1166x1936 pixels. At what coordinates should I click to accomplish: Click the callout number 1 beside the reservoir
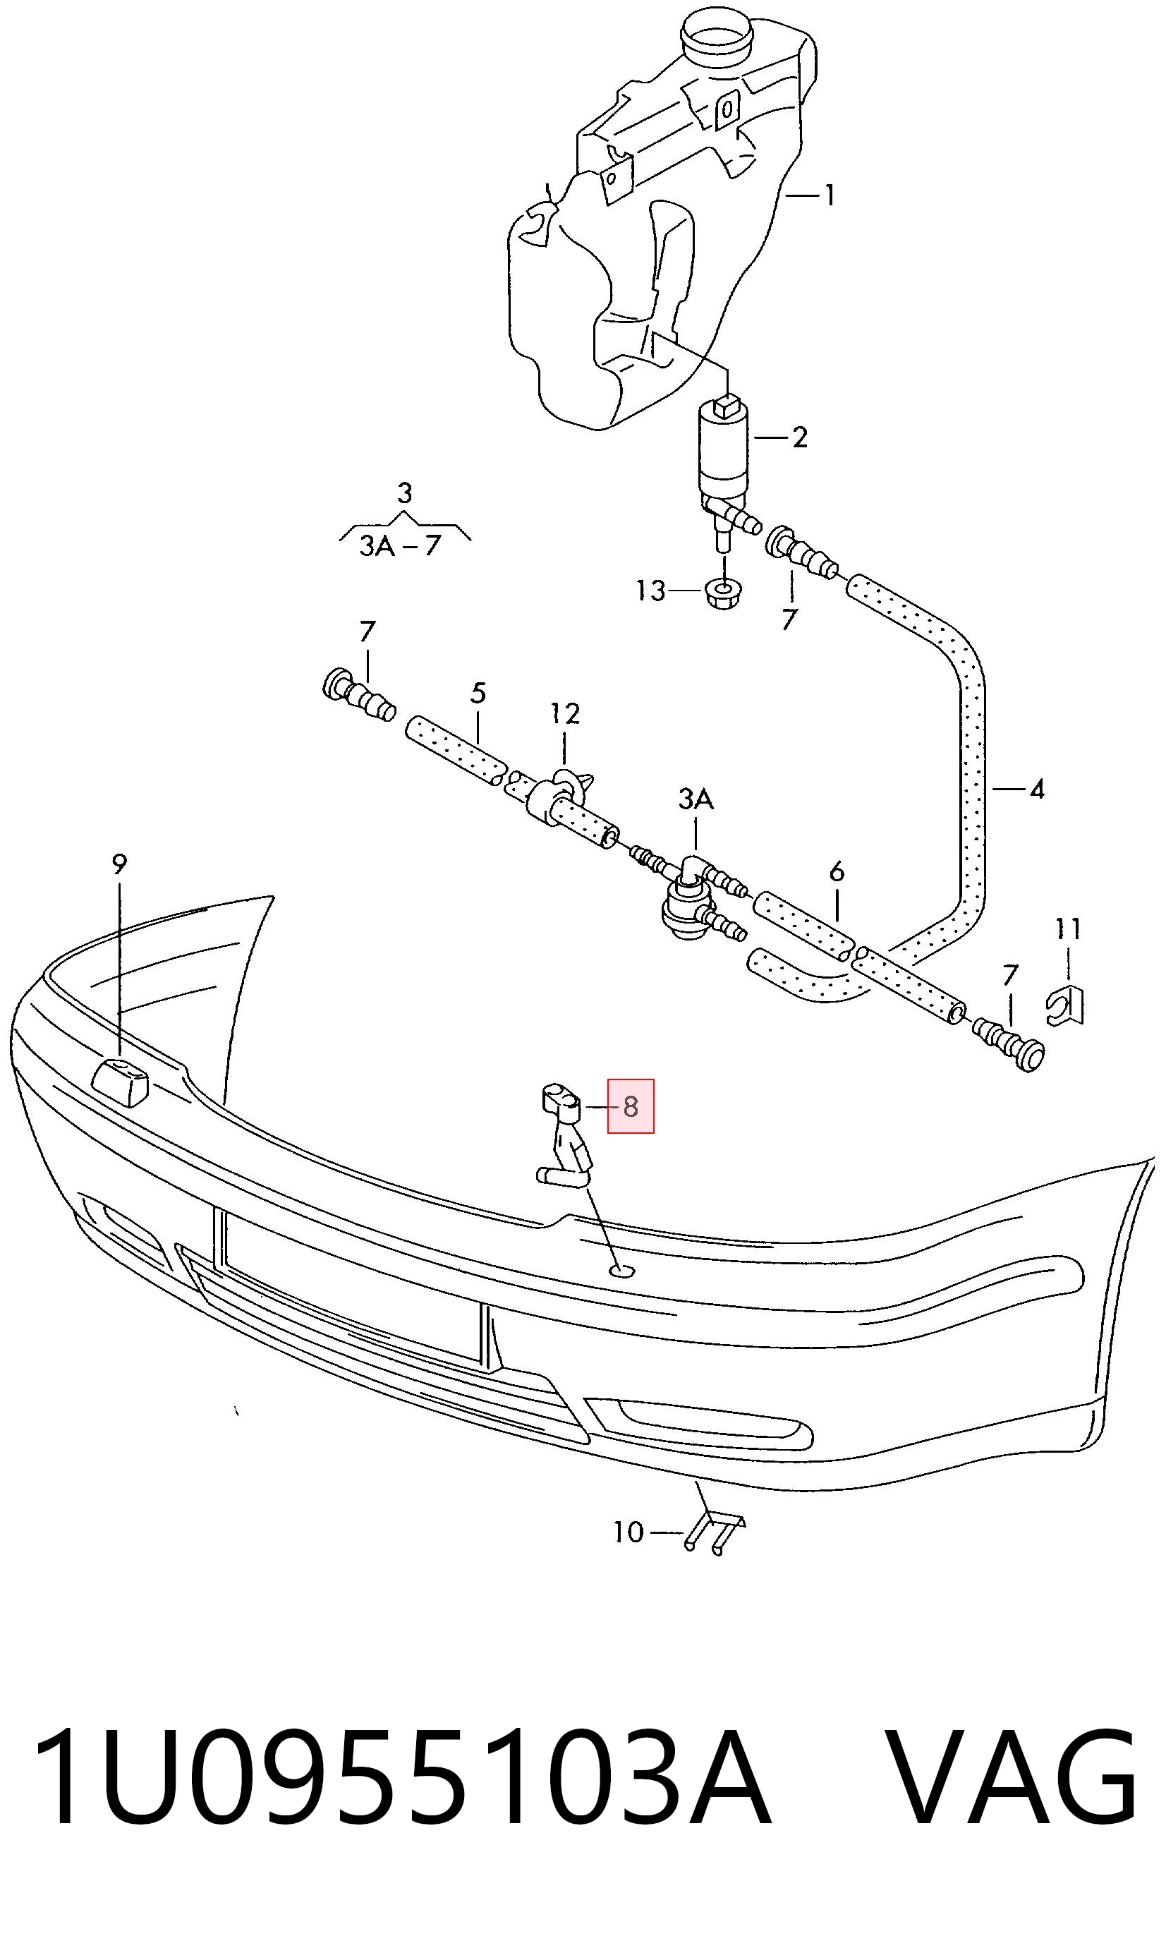[828, 195]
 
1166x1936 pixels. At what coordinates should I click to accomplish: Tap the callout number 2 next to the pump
[800, 437]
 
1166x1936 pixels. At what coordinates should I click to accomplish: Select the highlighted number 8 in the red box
[630, 1107]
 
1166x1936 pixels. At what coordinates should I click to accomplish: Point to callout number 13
[650, 590]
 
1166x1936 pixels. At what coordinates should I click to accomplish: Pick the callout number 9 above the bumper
[119, 864]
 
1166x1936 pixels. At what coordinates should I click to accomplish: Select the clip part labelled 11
[1067, 1008]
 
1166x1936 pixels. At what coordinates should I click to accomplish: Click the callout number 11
[1068, 929]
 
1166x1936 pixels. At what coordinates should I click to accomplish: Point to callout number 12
[564, 713]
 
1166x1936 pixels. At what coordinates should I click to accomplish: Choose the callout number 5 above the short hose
[478, 693]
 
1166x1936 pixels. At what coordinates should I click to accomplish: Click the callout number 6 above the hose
[837, 871]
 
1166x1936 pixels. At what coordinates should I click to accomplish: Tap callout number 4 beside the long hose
[1037, 789]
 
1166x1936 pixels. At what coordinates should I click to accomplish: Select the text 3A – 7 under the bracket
[401, 545]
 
